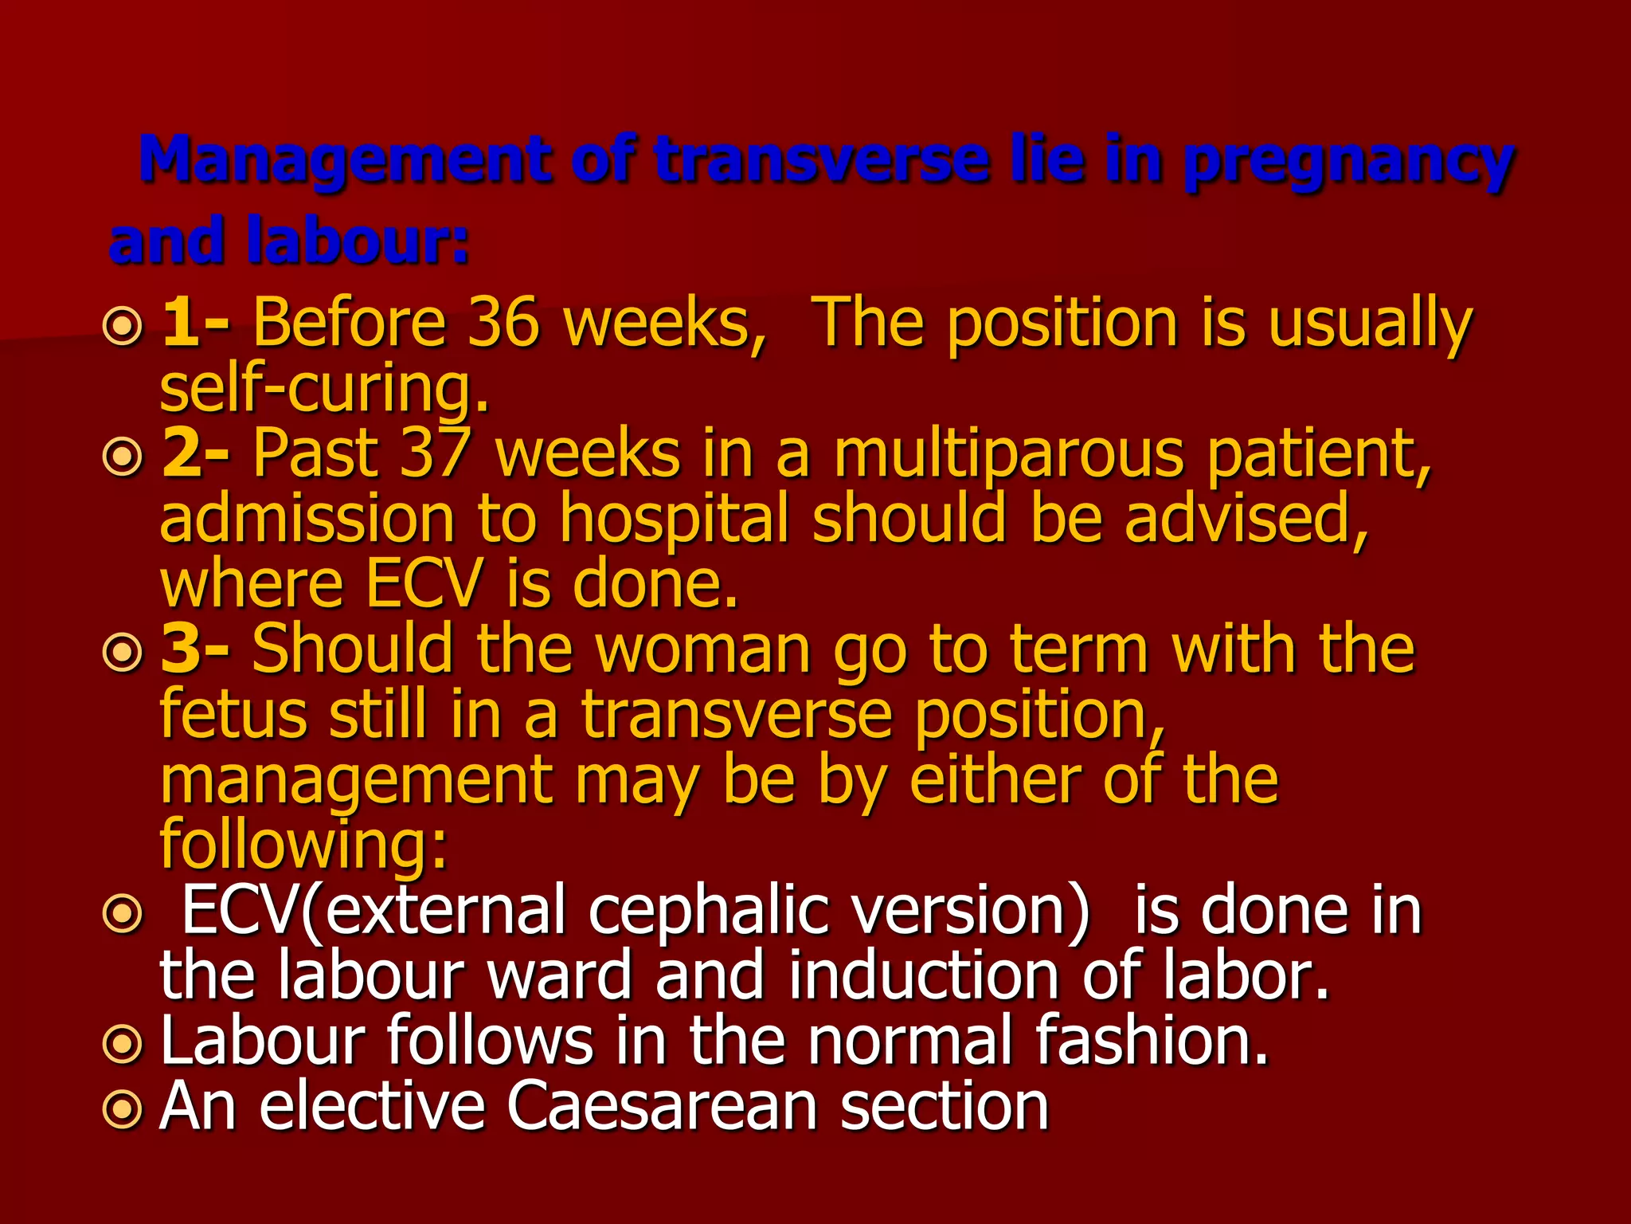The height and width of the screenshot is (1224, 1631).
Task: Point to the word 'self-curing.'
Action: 324,389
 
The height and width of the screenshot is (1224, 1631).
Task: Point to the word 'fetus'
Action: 233,714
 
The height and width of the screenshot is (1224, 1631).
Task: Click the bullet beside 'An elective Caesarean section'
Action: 123,1108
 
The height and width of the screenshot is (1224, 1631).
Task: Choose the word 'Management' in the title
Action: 346,159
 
